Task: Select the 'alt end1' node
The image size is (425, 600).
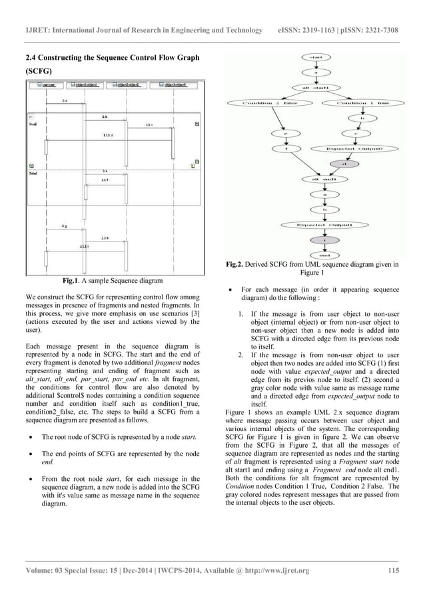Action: (324, 179)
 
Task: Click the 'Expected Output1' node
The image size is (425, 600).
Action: (324, 225)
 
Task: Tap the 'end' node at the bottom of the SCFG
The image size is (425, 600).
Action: (324, 254)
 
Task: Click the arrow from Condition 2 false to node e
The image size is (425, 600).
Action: (274, 120)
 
